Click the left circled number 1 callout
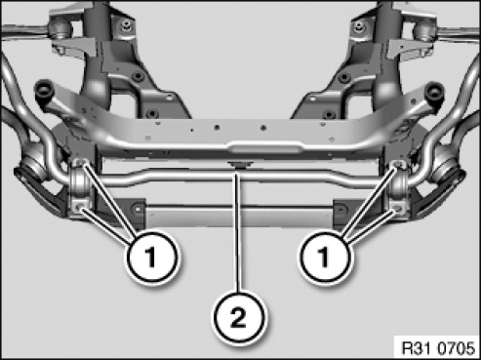click(152, 257)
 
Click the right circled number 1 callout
click(325, 257)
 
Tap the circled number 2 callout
click(239, 318)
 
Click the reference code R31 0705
click(438, 348)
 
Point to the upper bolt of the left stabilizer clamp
click(80, 163)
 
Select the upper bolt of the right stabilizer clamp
click(398, 164)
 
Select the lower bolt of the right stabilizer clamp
click(397, 208)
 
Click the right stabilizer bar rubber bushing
click(399, 184)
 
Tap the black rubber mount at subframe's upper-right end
click(435, 91)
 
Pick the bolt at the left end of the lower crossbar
click(137, 208)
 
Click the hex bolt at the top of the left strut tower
click(125, 24)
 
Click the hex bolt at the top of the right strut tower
click(358, 24)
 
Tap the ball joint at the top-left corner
click(60, 27)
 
